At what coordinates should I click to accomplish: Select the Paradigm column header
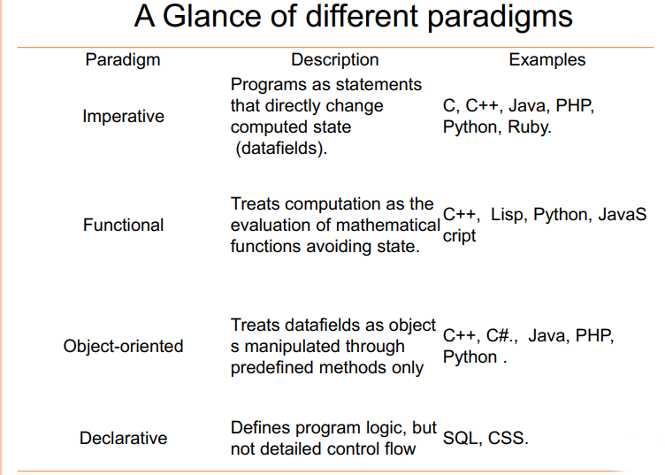(x=123, y=60)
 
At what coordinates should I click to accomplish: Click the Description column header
(x=335, y=60)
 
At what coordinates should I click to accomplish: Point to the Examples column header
(x=547, y=60)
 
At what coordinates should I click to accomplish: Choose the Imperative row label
(x=123, y=116)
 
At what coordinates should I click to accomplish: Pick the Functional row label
(x=123, y=226)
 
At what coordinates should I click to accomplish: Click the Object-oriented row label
(x=123, y=346)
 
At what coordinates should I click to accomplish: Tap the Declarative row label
(x=123, y=438)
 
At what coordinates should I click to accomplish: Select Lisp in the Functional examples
(x=508, y=215)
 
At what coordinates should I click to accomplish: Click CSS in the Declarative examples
(x=508, y=438)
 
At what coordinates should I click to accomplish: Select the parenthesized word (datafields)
(x=281, y=148)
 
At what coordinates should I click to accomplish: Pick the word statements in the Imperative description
(x=380, y=84)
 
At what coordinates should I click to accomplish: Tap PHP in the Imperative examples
(x=574, y=105)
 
